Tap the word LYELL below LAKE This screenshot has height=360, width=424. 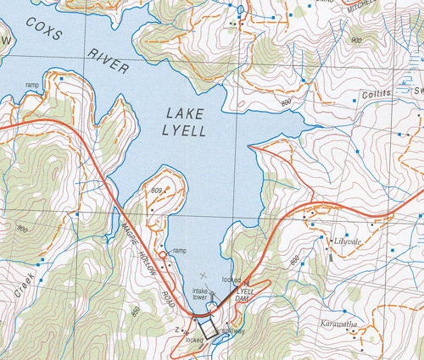[x=186, y=130]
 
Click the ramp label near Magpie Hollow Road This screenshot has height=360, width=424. [x=179, y=251]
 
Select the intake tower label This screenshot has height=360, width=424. [x=201, y=294]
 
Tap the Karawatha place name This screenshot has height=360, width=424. [x=343, y=324]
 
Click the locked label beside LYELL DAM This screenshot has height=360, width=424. [x=230, y=279]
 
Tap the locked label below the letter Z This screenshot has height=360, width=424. [x=195, y=341]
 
